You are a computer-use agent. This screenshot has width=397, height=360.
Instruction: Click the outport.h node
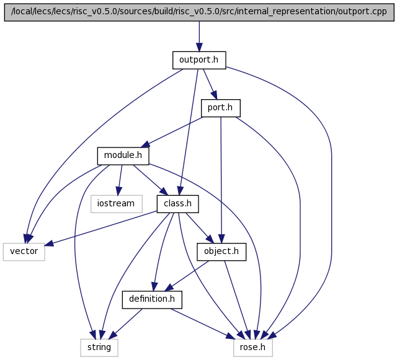(x=199, y=60)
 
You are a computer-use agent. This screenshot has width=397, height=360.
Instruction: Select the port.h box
(x=221, y=108)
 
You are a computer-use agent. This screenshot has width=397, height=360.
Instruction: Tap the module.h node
(x=123, y=156)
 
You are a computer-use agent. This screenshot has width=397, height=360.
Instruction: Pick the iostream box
(x=117, y=204)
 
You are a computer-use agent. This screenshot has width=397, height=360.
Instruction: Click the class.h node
(x=178, y=204)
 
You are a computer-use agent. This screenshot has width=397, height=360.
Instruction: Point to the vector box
(x=24, y=252)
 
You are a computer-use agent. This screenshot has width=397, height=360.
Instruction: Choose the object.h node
(x=221, y=252)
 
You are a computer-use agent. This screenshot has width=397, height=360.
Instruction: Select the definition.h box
(x=152, y=299)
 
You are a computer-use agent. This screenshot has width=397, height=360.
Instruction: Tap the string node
(x=99, y=348)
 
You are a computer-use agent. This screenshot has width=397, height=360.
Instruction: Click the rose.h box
(x=253, y=348)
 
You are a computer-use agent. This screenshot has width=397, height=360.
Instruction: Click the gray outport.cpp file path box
(x=199, y=12)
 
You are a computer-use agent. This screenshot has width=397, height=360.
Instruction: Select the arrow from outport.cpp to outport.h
(x=199, y=37)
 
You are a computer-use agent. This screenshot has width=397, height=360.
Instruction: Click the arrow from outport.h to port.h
(x=210, y=84)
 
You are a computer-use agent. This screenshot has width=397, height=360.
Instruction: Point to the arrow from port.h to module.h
(x=172, y=132)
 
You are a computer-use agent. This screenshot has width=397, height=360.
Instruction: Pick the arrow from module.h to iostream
(x=119, y=180)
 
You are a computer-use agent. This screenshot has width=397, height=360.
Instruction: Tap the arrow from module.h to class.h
(x=150, y=180)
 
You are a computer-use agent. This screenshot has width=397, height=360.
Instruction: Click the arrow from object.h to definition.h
(x=187, y=276)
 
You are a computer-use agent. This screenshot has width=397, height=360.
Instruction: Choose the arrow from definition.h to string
(x=125, y=324)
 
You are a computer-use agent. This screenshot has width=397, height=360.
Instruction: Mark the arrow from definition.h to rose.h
(x=203, y=324)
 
